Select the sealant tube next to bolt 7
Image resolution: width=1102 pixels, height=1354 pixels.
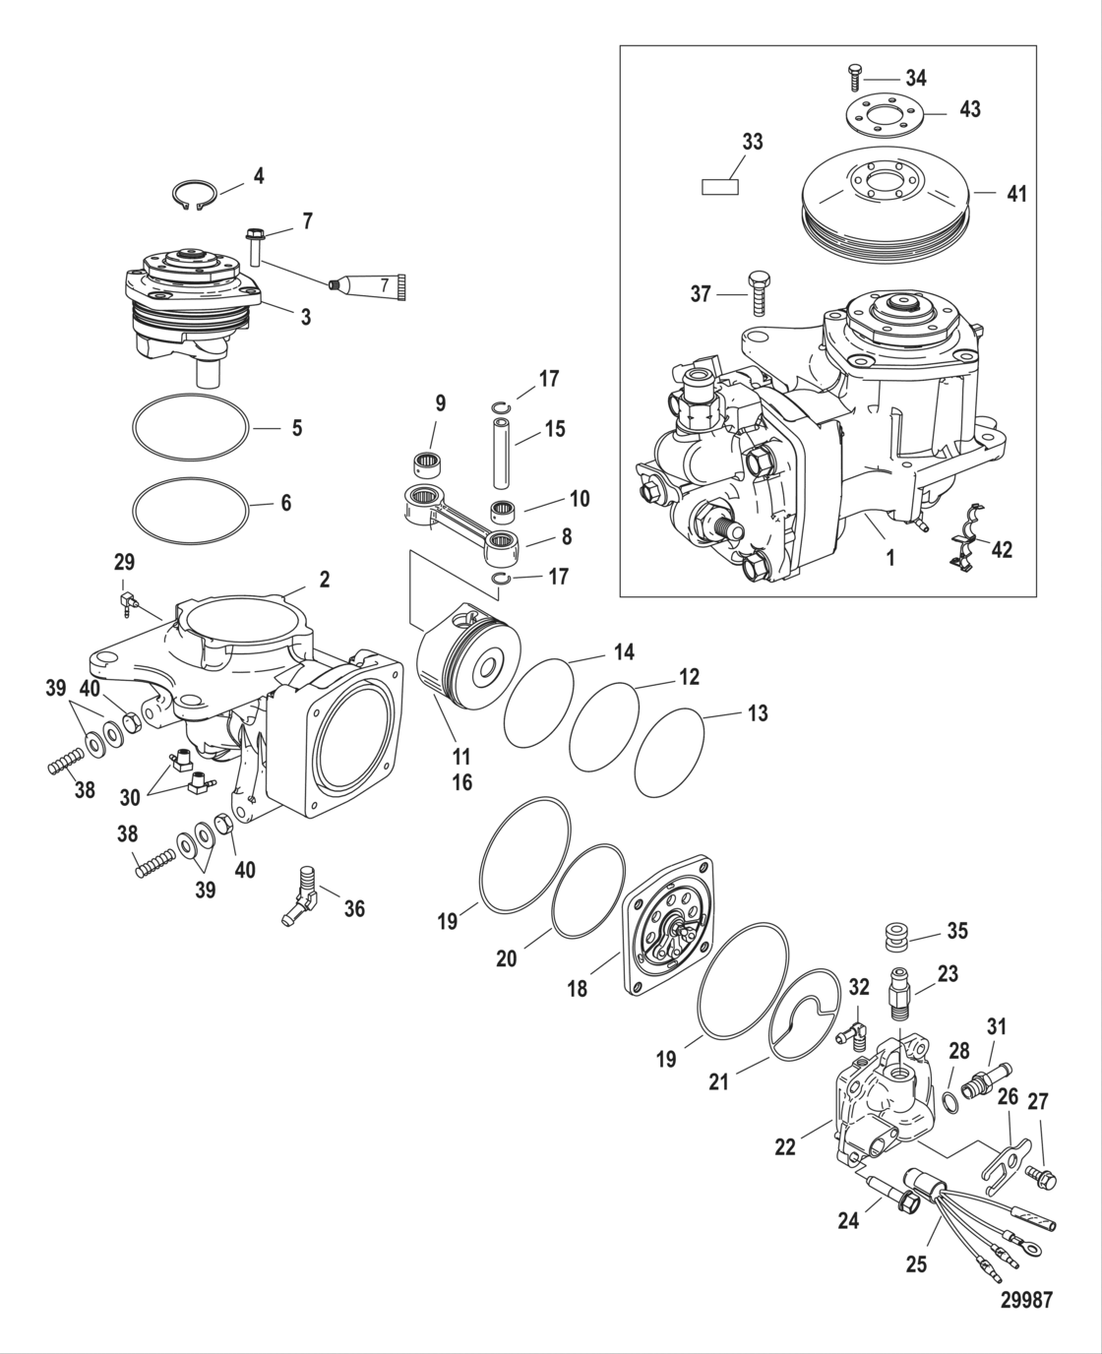coord(369,284)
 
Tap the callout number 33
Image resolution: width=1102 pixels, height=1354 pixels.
coord(752,142)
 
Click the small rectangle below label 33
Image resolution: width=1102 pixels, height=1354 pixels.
coord(719,187)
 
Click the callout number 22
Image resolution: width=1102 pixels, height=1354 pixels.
coord(784,1146)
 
